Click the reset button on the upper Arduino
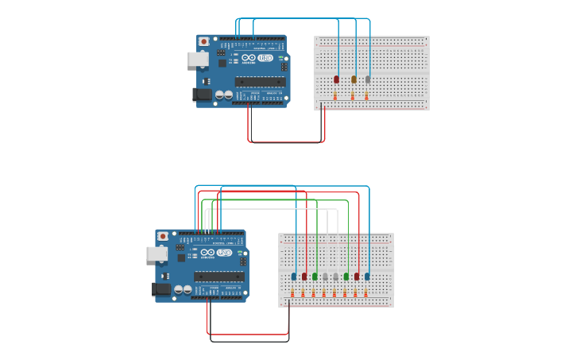204,41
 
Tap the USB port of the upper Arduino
197,59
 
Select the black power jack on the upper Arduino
202,95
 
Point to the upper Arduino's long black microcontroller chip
261,80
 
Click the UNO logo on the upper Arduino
265,58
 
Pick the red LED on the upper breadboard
337,79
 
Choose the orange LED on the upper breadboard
354,79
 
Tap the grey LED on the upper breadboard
368,79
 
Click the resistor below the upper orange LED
353,95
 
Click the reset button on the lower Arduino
163,236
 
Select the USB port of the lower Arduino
156,254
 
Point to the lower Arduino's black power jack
161,289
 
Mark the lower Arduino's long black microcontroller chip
219,276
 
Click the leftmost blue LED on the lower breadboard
294,277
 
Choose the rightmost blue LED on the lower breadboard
367,277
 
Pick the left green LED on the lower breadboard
315,277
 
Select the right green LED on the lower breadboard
346,277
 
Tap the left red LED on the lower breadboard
304,277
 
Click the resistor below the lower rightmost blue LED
365,292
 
